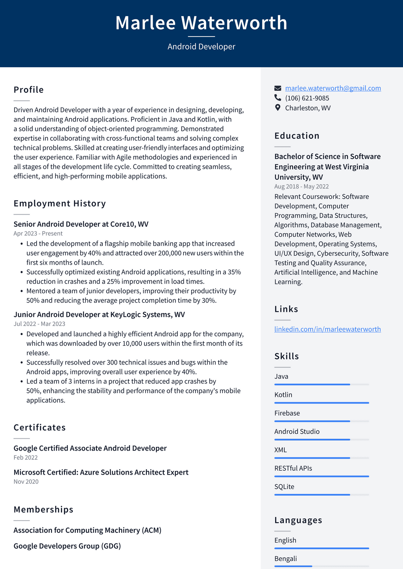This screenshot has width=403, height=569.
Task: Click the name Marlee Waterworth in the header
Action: pyautogui.click(x=201, y=23)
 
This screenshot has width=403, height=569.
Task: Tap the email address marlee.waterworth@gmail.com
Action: pyautogui.click(x=333, y=88)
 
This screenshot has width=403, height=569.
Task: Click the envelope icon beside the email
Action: pyautogui.click(x=278, y=88)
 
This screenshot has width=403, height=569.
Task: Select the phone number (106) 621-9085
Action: pyautogui.click(x=307, y=98)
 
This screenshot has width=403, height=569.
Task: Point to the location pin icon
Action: pyautogui.click(x=278, y=108)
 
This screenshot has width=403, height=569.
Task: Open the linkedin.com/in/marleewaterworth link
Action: pyautogui.click(x=327, y=329)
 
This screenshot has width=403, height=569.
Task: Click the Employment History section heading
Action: pyautogui.click(x=60, y=203)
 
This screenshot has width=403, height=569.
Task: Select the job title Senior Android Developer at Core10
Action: pyautogui.click(x=81, y=224)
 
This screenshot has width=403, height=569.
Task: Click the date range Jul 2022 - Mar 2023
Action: pyautogui.click(x=39, y=324)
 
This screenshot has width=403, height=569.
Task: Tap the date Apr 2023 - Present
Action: pyautogui.click(x=38, y=233)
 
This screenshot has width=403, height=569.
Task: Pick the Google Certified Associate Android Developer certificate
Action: pyautogui.click(x=90, y=448)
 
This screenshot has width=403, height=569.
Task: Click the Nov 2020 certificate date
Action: pyautogui.click(x=26, y=481)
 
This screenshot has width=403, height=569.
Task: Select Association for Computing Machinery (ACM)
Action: pyautogui.click(x=87, y=530)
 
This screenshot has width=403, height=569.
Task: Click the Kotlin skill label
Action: pyautogui.click(x=283, y=395)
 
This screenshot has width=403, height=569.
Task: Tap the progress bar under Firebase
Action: pyautogui.click(x=322, y=421)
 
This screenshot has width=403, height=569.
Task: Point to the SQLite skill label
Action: pyautogui.click(x=284, y=486)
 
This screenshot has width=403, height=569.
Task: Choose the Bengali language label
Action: pyautogui.click(x=285, y=558)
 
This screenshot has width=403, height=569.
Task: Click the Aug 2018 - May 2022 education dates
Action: pyautogui.click(x=301, y=186)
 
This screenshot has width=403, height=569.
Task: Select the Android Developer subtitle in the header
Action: pyautogui.click(x=201, y=46)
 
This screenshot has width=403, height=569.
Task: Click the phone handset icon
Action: pyautogui.click(x=278, y=98)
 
